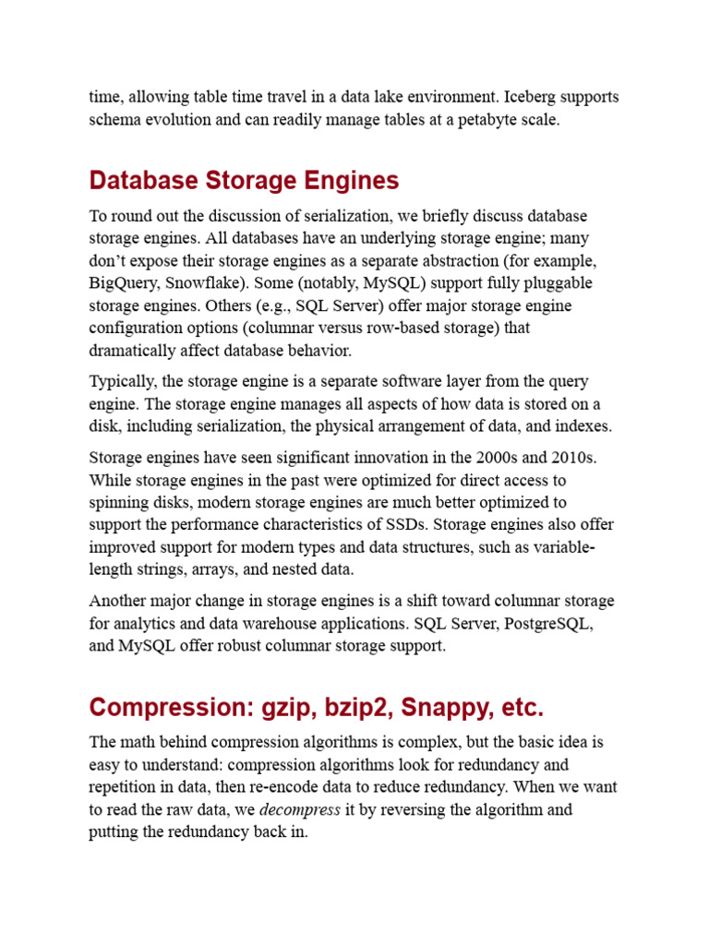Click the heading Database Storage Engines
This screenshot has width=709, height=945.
point(244,180)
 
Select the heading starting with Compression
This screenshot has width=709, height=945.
point(316,708)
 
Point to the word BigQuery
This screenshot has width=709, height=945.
point(125,282)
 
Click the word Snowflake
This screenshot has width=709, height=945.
point(210,282)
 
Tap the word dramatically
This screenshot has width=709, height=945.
point(132,351)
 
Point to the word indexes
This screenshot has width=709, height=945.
point(583,426)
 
